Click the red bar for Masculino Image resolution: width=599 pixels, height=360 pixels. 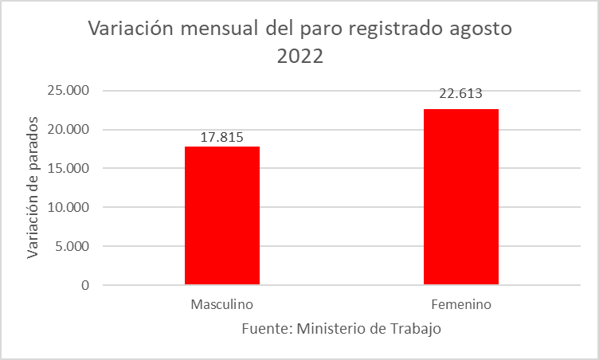[x=221, y=215]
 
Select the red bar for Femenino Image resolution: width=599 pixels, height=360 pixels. [x=460, y=196]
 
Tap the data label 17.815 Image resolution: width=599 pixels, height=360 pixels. [x=221, y=136]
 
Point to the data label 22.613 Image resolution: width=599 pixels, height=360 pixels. [x=461, y=93]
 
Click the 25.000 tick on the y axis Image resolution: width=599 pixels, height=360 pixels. [x=67, y=91]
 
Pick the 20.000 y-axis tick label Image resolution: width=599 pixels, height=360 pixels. [x=67, y=130]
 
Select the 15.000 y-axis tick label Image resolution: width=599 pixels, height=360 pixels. [x=67, y=169]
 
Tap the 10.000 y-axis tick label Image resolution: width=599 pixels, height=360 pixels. [x=67, y=207]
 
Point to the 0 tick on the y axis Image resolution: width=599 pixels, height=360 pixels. [x=84, y=285]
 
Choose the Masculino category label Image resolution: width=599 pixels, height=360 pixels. [x=221, y=305]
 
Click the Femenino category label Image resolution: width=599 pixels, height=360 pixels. [x=460, y=305]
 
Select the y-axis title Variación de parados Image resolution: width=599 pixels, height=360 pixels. [x=33, y=188]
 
